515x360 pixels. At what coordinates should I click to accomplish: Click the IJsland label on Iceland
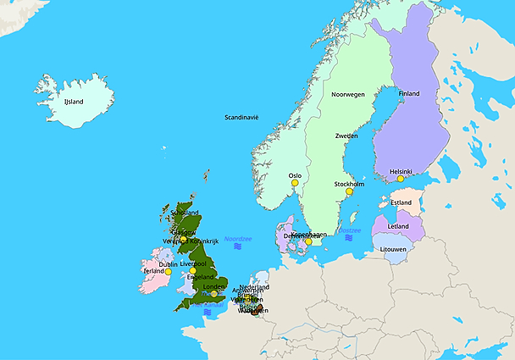pos(74,102)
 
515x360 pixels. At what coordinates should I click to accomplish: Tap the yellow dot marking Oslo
pos(295,183)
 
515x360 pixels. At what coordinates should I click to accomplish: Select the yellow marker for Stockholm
pos(348,191)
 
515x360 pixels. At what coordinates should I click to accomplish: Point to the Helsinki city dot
pos(400,179)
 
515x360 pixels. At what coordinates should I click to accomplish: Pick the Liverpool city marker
pos(193,271)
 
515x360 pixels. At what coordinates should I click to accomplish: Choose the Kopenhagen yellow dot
pos(308,241)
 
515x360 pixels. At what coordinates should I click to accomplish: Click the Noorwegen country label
pos(347,94)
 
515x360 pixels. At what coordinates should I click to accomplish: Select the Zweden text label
pos(346,136)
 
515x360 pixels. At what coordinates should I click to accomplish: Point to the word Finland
pos(408,94)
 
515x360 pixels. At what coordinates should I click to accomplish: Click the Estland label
pos(401,202)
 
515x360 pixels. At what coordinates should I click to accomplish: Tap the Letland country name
pos(397,226)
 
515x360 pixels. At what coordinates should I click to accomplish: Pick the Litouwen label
pos(393,249)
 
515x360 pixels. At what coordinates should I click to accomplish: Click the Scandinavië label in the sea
pos(241,117)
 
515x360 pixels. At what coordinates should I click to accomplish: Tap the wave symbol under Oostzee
pos(349,239)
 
